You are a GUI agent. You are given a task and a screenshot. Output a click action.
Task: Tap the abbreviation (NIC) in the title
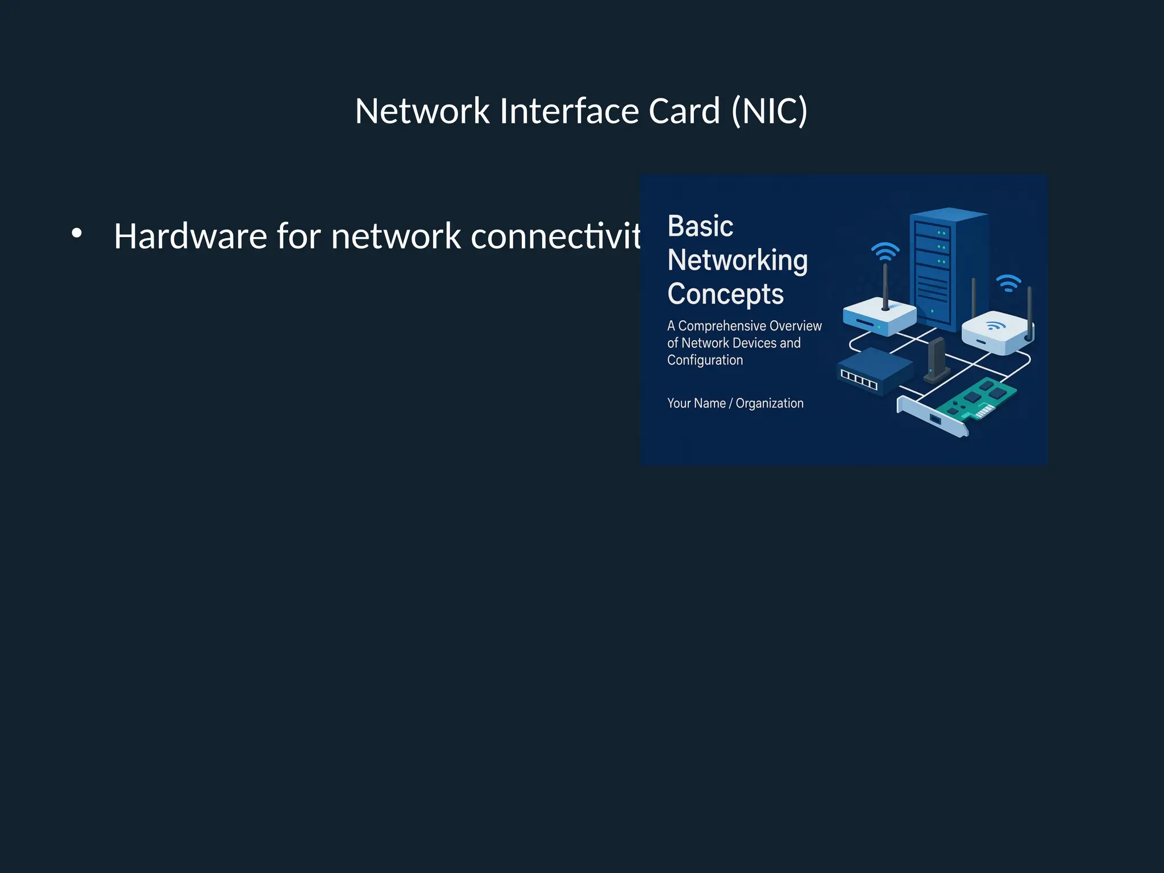[x=770, y=111]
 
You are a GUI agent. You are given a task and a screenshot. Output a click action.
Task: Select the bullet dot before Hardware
[x=77, y=233]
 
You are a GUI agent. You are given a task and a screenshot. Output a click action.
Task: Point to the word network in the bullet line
[x=396, y=236]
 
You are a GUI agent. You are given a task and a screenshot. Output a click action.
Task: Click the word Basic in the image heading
[x=700, y=226]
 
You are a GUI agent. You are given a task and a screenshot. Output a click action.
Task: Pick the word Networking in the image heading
[x=737, y=260]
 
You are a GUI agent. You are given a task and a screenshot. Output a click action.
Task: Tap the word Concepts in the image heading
[x=725, y=294]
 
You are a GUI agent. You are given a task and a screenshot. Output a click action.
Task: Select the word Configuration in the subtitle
[x=705, y=360]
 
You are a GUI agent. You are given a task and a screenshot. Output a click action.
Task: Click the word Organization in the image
[x=769, y=403]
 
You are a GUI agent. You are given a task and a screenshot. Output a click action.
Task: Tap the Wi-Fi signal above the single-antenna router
[x=886, y=251]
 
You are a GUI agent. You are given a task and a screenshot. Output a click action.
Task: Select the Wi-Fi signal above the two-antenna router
[x=1009, y=282]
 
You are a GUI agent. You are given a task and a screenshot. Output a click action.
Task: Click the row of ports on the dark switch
[x=859, y=379]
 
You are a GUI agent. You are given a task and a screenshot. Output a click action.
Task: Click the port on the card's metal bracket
[x=935, y=419]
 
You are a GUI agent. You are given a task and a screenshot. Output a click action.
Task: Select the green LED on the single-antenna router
[x=879, y=327]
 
